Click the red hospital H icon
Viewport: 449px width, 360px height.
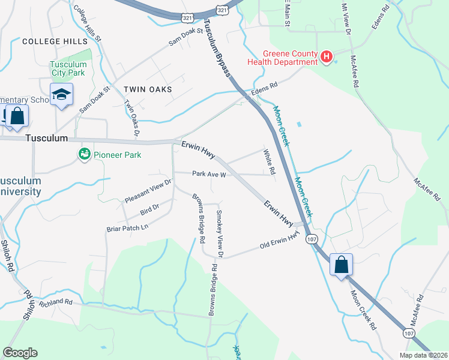(327, 57)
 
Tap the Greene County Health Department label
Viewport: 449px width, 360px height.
(282, 58)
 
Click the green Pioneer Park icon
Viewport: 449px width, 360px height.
(84, 155)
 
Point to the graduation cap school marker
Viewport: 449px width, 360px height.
(61, 95)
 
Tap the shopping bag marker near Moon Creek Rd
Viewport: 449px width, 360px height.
(341, 264)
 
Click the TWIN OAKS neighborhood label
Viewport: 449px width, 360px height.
(148, 89)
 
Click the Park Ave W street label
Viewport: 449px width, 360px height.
(208, 175)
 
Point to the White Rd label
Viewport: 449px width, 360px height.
(270, 162)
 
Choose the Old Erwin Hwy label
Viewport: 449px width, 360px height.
(279, 242)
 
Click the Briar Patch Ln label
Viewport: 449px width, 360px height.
(127, 228)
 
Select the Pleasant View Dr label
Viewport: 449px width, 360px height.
(148, 190)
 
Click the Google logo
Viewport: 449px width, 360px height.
(20, 353)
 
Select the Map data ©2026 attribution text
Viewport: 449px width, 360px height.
(423, 355)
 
